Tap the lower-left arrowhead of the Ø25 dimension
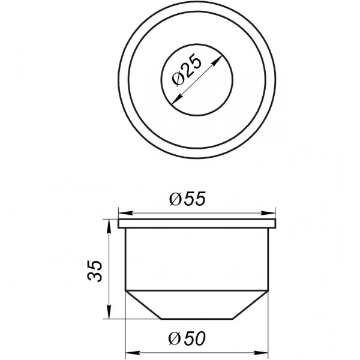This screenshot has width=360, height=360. pyautogui.click(x=173, y=103)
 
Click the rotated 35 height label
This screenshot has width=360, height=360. pyautogui.click(x=95, y=271)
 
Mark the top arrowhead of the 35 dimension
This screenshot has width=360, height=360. pyautogui.click(x=109, y=223)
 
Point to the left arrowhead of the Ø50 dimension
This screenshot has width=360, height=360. pyautogui.click(x=128, y=351)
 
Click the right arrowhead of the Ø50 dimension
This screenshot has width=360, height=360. pyautogui.click(x=266, y=351)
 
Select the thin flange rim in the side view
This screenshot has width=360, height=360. pyautogui.click(x=197, y=224)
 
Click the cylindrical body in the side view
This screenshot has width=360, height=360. pyautogui.click(x=197, y=258)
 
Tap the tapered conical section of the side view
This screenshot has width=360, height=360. pyautogui.click(x=197, y=304)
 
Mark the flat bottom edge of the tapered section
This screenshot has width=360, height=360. pyautogui.click(x=197, y=319)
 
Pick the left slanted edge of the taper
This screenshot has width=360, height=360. pyautogui.click(x=143, y=304)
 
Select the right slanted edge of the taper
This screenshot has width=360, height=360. pyautogui.click(x=253, y=304)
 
